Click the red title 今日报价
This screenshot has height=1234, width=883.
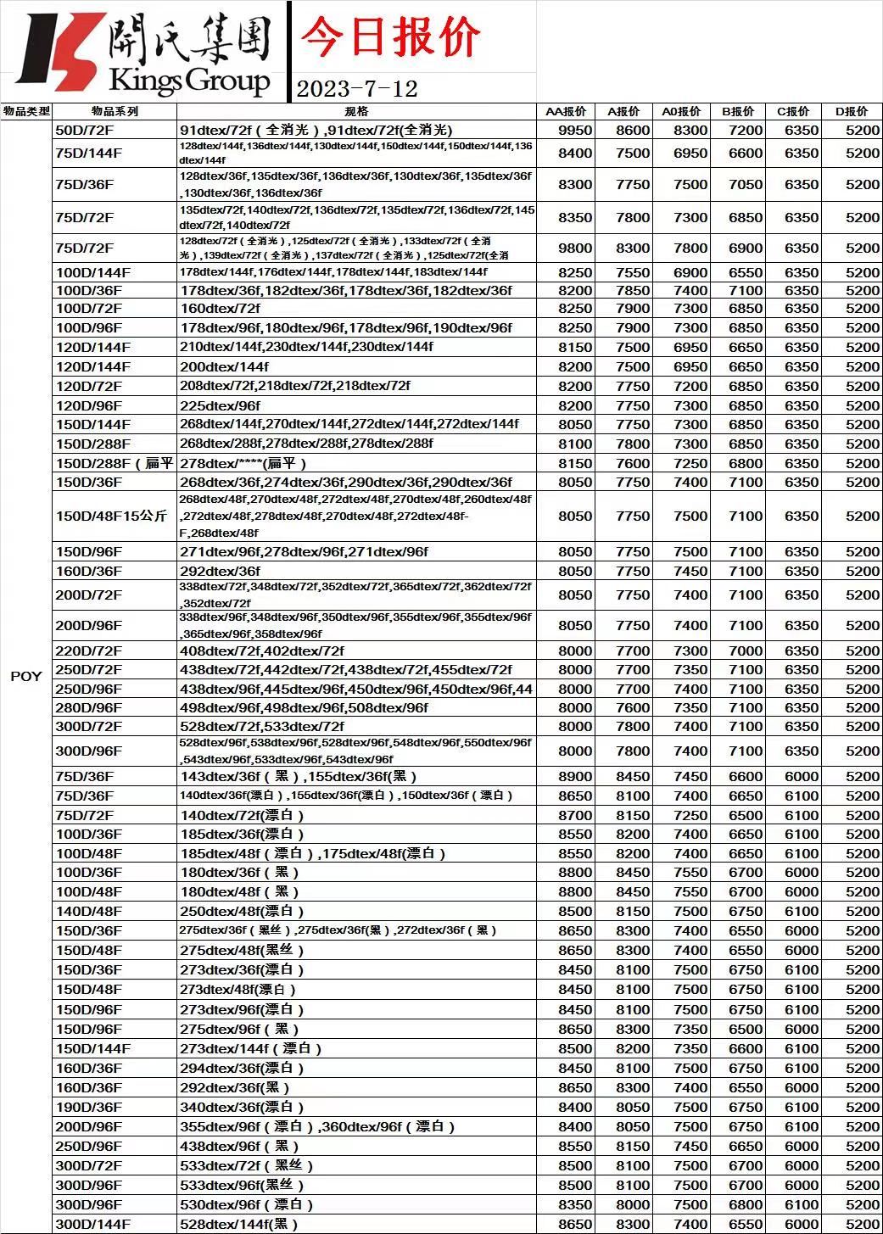(x=390, y=38)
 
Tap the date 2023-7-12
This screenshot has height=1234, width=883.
(x=357, y=88)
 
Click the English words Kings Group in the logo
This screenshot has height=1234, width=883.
(x=189, y=81)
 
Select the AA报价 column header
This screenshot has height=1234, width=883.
(x=566, y=111)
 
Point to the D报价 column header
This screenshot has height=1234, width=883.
(x=852, y=111)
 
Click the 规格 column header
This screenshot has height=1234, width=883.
(x=357, y=111)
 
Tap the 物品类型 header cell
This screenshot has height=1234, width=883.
(x=26, y=111)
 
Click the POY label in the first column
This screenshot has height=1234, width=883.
(x=25, y=676)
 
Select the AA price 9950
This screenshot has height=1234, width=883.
(x=575, y=130)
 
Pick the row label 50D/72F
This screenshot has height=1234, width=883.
(x=83, y=130)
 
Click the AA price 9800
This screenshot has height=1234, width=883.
(x=575, y=248)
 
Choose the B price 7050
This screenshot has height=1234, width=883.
(x=746, y=184)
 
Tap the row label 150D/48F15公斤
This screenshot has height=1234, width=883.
(x=111, y=516)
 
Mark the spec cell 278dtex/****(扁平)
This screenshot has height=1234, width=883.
(x=243, y=463)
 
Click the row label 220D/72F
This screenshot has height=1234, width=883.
(x=88, y=651)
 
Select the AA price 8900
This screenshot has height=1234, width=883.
(x=575, y=776)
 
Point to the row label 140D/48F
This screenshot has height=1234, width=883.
(x=88, y=911)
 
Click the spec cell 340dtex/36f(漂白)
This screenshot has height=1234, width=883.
(x=242, y=1107)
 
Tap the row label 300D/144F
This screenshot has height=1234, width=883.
(x=92, y=1224)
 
